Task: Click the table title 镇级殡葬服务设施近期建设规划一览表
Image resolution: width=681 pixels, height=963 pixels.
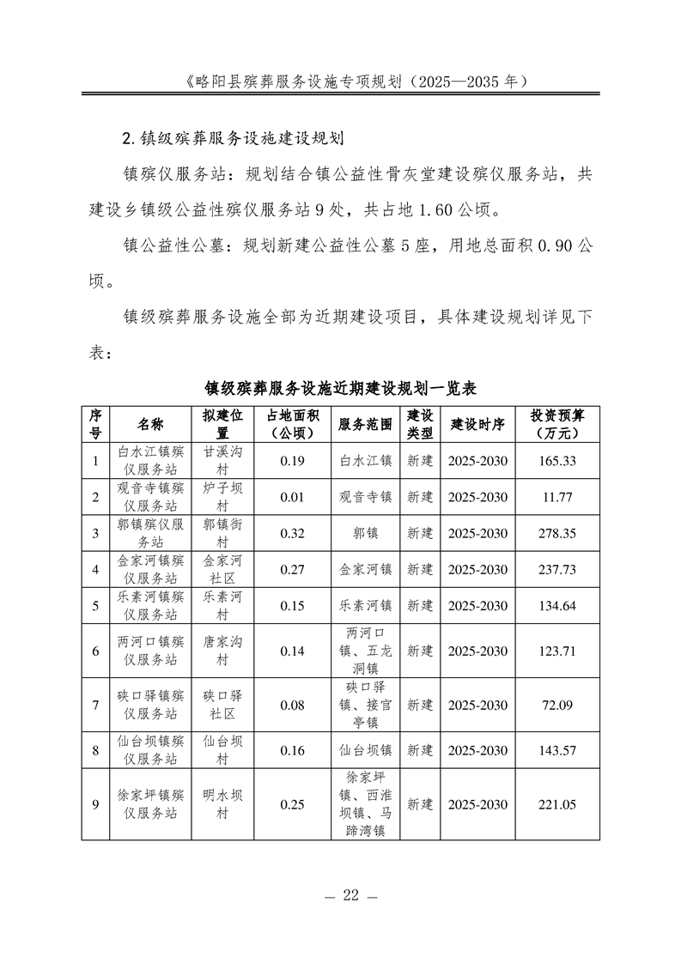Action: coord(340,387)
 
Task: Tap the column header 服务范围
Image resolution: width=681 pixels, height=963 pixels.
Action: coord(366,424)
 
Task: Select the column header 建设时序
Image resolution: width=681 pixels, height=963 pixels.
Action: coord(477,424)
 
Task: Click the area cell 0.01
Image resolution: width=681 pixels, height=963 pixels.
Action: coord(293,497)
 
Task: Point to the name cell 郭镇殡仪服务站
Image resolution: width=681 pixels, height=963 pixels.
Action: coord(149,533)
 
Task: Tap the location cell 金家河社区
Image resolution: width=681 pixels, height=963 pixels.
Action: coord(222,569)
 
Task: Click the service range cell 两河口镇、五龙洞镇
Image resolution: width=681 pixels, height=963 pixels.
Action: coord(366,651)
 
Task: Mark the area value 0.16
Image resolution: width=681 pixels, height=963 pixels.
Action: coord(293,750)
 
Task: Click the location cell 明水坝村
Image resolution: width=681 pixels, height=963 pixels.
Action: coord(222,804)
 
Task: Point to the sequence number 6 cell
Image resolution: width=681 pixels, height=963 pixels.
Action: coord(95,651)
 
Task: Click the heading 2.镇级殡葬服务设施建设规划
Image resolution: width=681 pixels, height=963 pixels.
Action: coord(234,137)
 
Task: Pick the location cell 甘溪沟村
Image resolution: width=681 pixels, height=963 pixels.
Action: coord(222,461)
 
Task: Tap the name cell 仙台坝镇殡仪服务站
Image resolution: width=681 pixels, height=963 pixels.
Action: coord(149,750)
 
